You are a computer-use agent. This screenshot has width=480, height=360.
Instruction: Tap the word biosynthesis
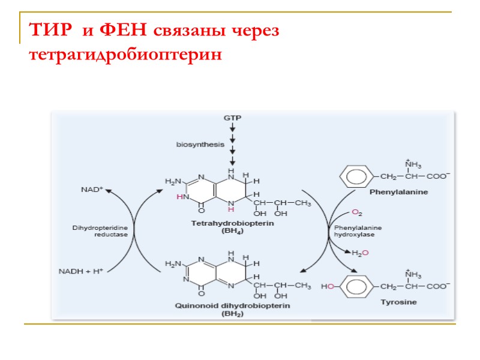200,144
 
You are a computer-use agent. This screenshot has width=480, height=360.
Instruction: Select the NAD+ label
92,189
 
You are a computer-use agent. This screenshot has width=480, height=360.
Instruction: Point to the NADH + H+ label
81,271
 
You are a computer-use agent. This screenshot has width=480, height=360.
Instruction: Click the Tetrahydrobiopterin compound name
223,223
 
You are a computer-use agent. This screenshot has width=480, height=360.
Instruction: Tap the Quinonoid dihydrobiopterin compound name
224,305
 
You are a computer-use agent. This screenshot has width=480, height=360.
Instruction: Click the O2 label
356,212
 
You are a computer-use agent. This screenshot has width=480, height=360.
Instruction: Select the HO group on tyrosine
328,287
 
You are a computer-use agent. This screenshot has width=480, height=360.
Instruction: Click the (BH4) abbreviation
224,230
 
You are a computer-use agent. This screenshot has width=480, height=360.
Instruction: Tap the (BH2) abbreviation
224,313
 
